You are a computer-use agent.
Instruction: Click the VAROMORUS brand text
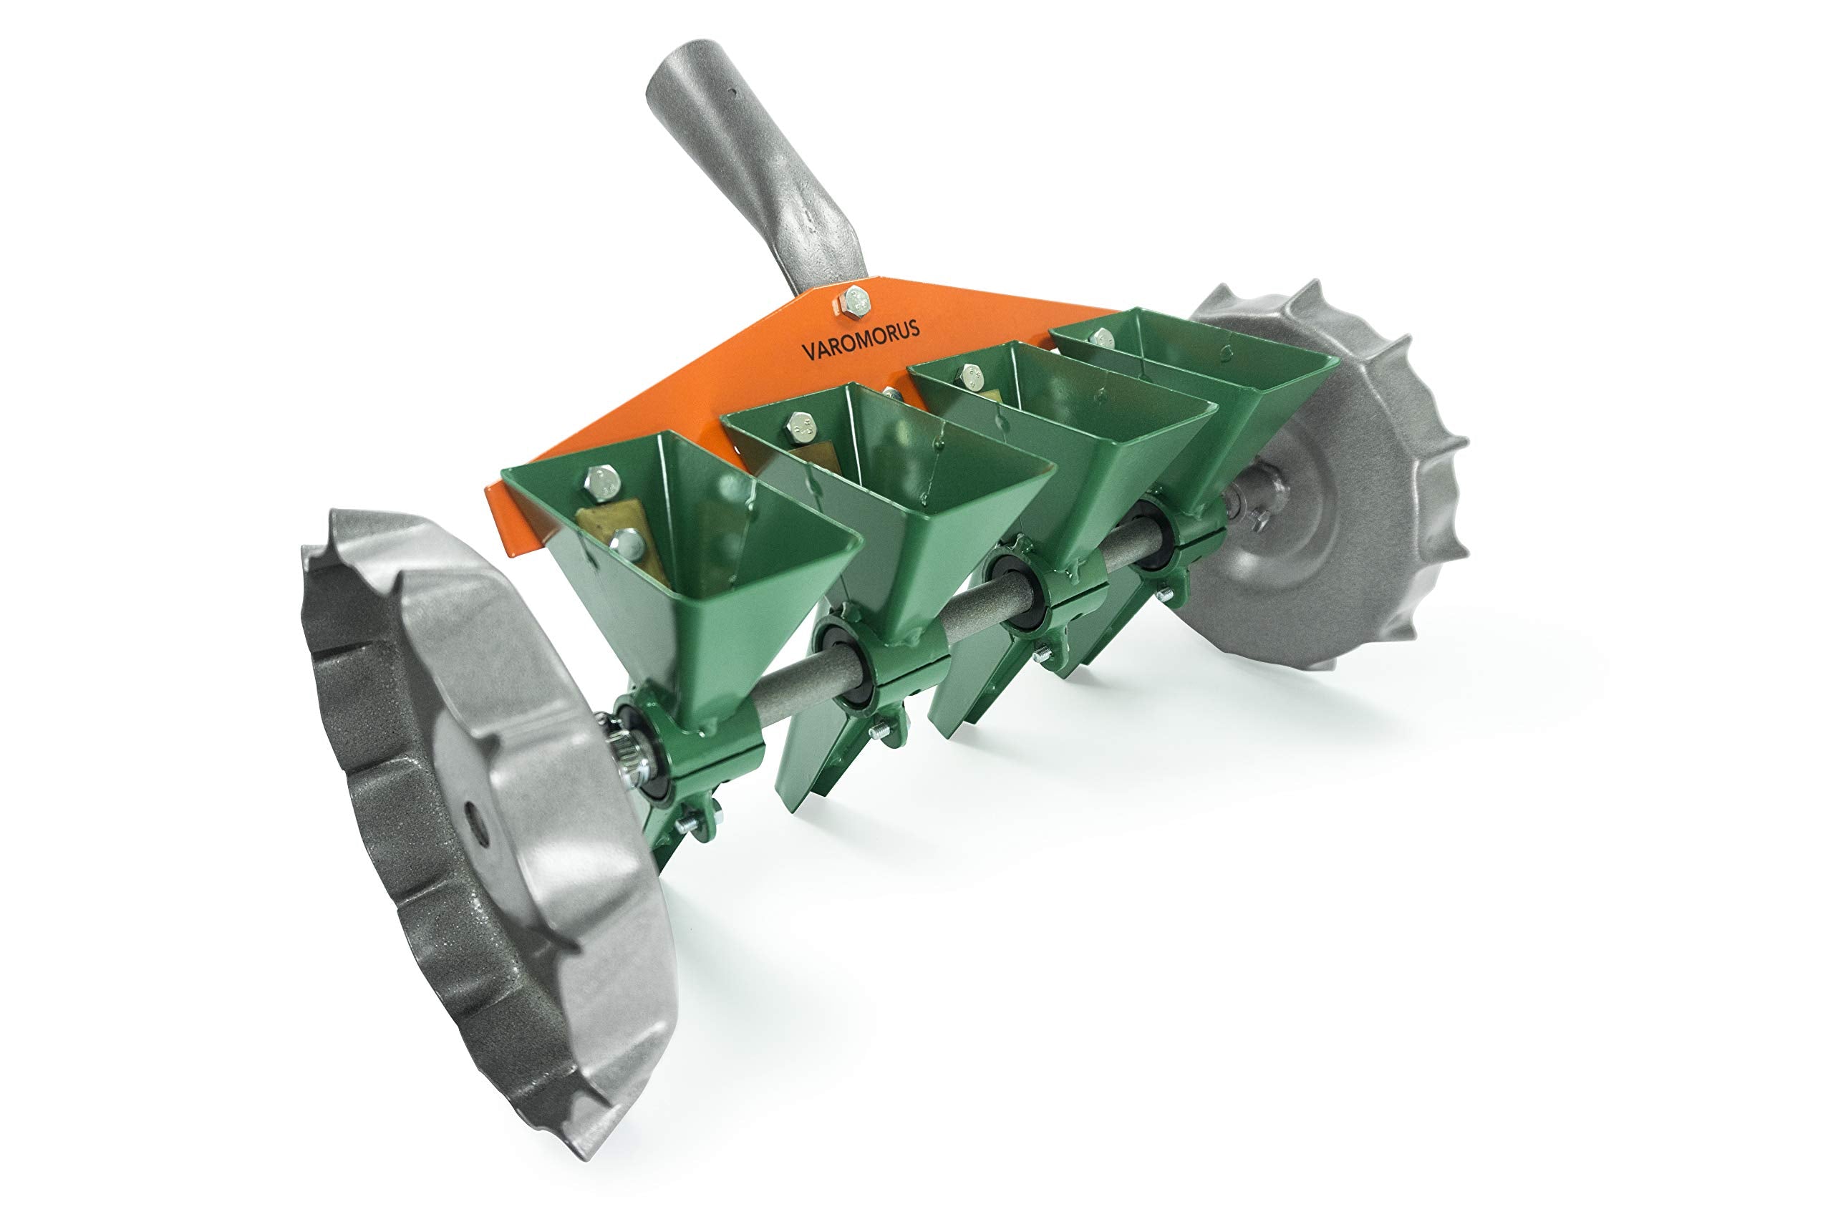(x=861, y=341)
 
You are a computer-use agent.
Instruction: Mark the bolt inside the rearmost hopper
(x=1102, y=338)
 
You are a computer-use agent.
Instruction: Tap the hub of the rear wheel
(x=1247, y=499)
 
